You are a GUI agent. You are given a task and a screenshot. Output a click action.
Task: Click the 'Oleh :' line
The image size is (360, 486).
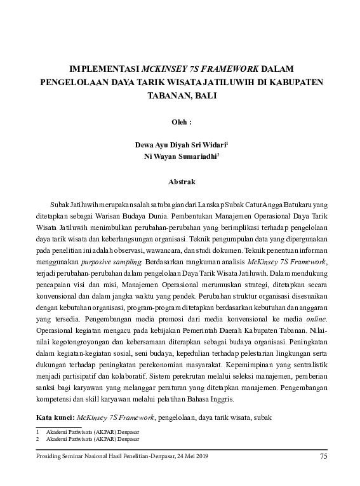(x=182, y=121)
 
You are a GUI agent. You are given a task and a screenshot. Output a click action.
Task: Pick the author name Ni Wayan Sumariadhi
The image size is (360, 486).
(x=180, y=157)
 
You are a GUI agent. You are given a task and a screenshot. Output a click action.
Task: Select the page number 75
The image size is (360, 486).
(x=324, y=457)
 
